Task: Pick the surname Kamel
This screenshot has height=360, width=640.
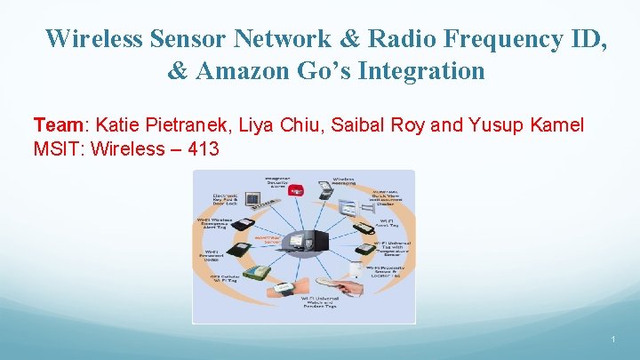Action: click(x=553, y=124)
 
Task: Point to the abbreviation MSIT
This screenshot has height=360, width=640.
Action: click(x=54, y=148)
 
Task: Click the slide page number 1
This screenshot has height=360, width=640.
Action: click(x=613, y=340)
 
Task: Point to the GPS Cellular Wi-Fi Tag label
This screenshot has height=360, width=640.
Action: click(x=226, y=279)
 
